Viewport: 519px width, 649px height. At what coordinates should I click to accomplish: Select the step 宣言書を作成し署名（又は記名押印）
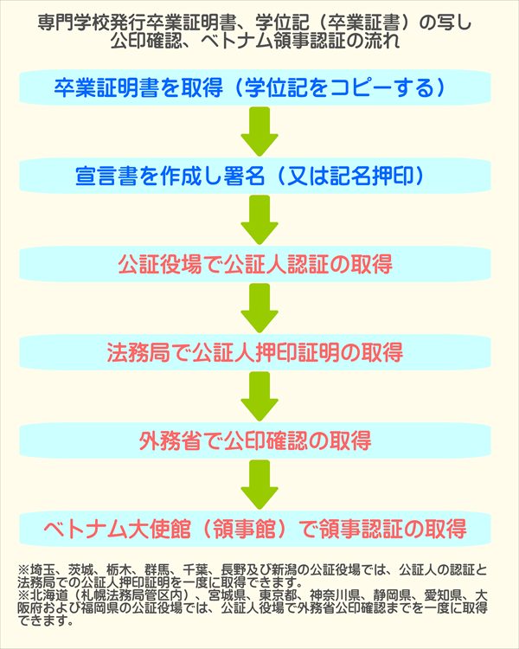point(259,177)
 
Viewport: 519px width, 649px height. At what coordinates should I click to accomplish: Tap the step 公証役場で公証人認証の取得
point(259,265)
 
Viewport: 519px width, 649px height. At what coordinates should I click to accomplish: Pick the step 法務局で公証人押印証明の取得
point(259,353)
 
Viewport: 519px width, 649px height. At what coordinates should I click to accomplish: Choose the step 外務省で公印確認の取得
point(259,441)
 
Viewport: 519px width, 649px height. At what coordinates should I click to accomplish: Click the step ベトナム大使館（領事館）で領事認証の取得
point(259,529)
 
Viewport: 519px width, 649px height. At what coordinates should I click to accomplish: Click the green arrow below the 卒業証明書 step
point(259,132)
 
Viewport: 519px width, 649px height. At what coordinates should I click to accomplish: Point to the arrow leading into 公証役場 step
point(259,221)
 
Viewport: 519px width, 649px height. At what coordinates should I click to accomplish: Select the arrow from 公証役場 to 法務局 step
point(259,309)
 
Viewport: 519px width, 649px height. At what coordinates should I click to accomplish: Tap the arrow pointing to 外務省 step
point(259,397)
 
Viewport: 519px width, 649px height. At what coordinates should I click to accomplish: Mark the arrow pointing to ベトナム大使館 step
point(259,485)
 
